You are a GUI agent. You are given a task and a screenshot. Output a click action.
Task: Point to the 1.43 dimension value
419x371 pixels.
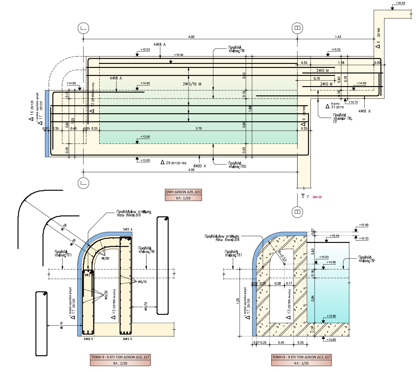pyautogui.click(x=338, y=37)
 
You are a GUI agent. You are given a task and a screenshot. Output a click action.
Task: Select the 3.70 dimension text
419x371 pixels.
pyautogui.click(x=199, y=128)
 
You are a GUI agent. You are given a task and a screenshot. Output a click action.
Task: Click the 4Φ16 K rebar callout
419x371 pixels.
pyautogui.click(x=364, y=111)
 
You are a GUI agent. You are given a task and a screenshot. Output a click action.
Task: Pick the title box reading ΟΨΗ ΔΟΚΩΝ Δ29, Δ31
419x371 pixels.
pyautogui.click(x=183, y=192)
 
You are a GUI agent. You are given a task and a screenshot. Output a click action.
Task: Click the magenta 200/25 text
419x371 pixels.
pyautogui.click(x=317, y=197)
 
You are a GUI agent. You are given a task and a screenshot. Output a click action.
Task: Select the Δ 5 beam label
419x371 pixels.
pyautogui.click(x=378, y=45)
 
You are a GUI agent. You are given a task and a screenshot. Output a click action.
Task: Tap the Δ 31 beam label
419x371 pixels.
pyautogui.click(x=332, y=106)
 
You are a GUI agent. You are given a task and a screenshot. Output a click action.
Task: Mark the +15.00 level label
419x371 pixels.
pyautogui.click(x=324, y=257)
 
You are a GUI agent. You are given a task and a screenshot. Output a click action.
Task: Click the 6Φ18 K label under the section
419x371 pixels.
pyautogui.click(x=88, y=339)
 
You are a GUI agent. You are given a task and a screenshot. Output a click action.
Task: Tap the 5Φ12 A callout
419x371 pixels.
pyautogui.click(x=127, y=229)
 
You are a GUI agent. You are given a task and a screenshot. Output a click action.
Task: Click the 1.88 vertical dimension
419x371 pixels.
pyautogui.click(x=250, y=109)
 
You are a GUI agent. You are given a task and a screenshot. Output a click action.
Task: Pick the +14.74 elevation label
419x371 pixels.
pyautogui.click(x=353, y=102)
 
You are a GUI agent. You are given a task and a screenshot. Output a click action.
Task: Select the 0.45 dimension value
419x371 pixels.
pyautogui.click(x=281, y=342)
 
